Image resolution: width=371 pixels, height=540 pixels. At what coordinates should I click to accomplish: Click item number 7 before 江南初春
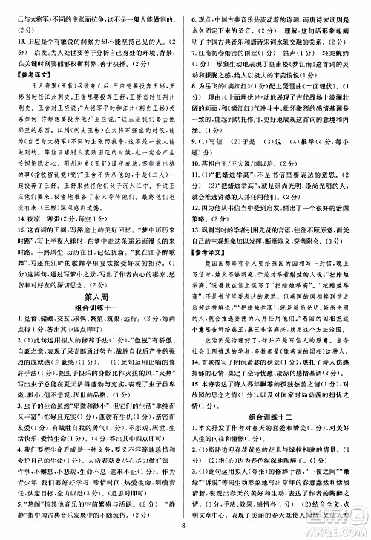click(195, 62)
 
